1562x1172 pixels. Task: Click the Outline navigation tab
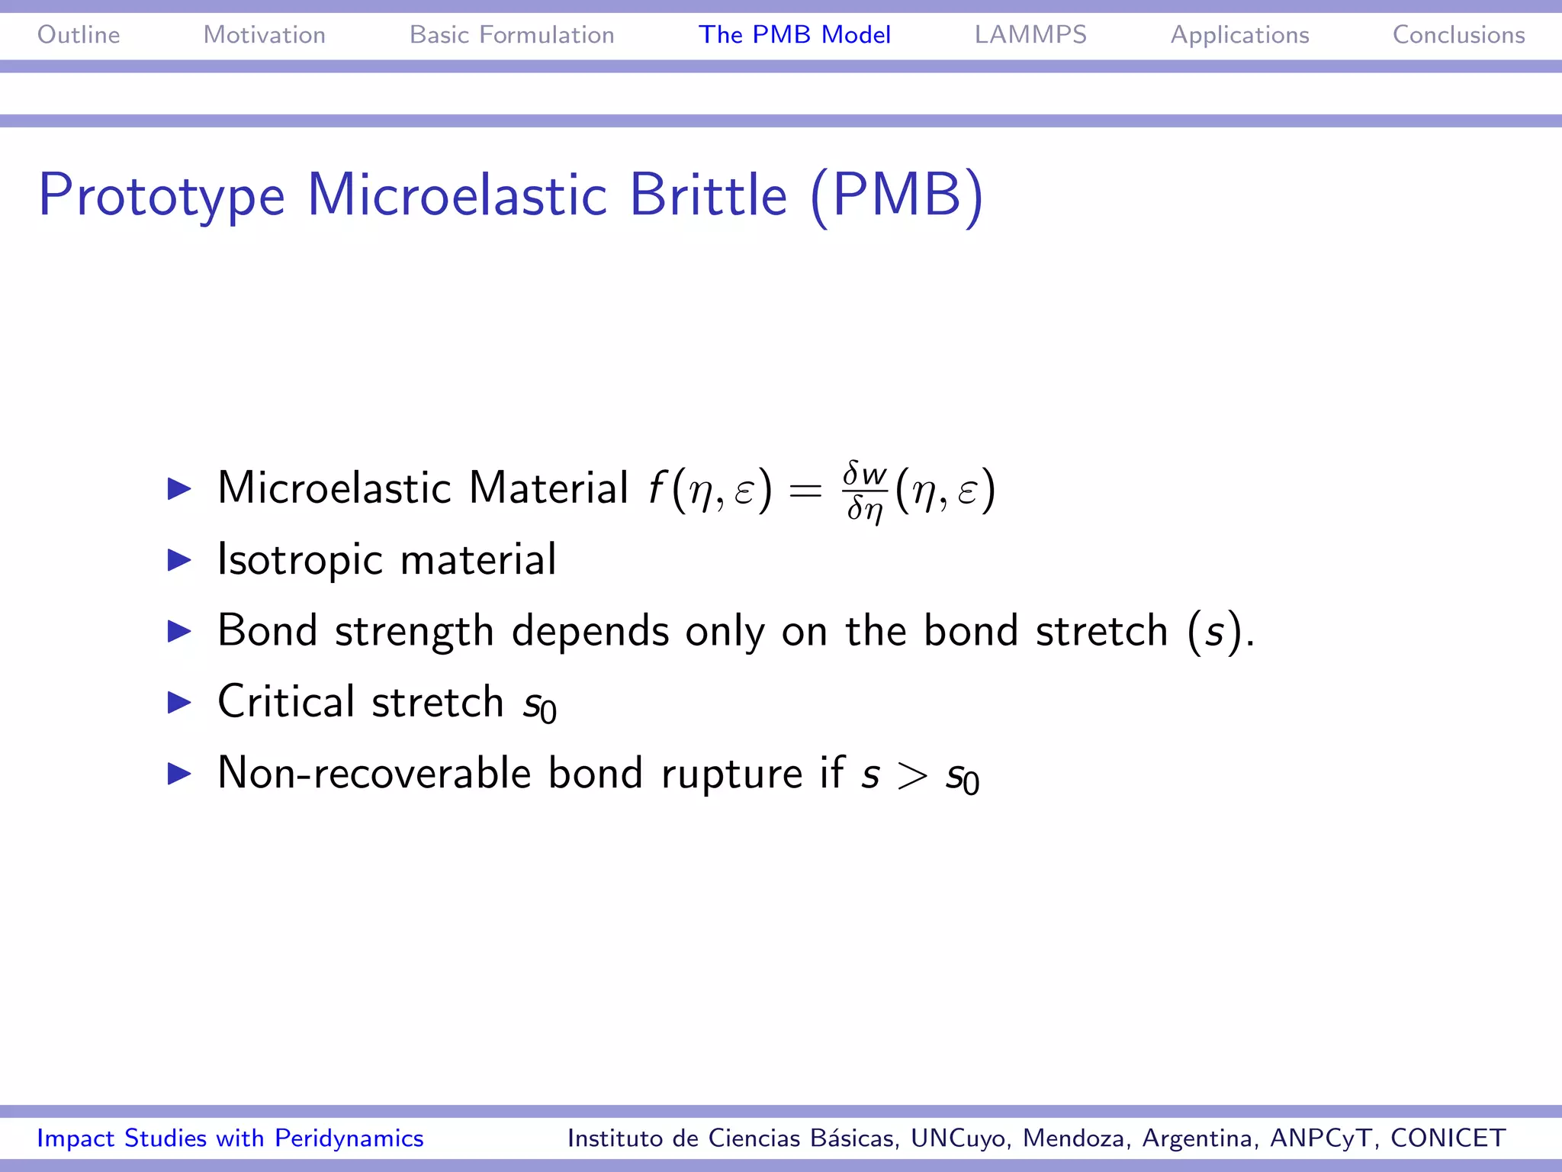click(79, 35)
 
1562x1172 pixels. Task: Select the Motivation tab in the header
click(264, 35)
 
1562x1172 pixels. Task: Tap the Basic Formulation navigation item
click(512, 35)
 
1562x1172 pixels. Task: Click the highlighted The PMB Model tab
click(795, 35)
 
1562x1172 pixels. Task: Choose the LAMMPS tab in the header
click(1030, 35)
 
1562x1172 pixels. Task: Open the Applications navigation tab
click(1239, 35)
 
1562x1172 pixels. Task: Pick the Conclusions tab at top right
click(1458, 35)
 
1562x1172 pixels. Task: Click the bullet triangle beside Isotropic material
click(179, 560)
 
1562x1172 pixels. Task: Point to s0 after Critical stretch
click(540, 704)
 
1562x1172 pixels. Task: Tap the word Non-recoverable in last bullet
click(374, 774)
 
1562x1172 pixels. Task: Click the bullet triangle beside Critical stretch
click(179, 702)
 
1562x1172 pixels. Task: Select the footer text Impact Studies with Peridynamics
click(230, 1138)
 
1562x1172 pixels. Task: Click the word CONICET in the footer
click(1448, 1138)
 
